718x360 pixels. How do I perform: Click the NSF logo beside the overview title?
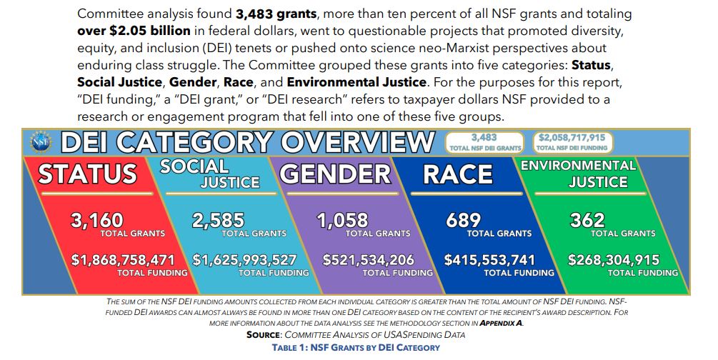coord(41,141)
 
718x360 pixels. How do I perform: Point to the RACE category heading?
coord(458,174)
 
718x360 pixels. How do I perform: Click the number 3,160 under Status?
coord(97,220)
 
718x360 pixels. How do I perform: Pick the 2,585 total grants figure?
coord(218,220)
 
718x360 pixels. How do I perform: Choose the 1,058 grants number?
coord(342,220)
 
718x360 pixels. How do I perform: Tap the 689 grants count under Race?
coord(463,220)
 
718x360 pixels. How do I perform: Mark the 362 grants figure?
coord(587,220)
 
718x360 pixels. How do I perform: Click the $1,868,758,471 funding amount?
coord(123,260)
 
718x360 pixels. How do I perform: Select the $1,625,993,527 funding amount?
coord(244,260)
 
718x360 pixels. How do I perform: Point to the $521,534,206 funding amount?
coord(369,260)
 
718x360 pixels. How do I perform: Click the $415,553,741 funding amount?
coord(489,260)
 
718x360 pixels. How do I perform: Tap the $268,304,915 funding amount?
coord(613,260)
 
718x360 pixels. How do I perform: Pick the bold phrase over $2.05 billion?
coord(134,31)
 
